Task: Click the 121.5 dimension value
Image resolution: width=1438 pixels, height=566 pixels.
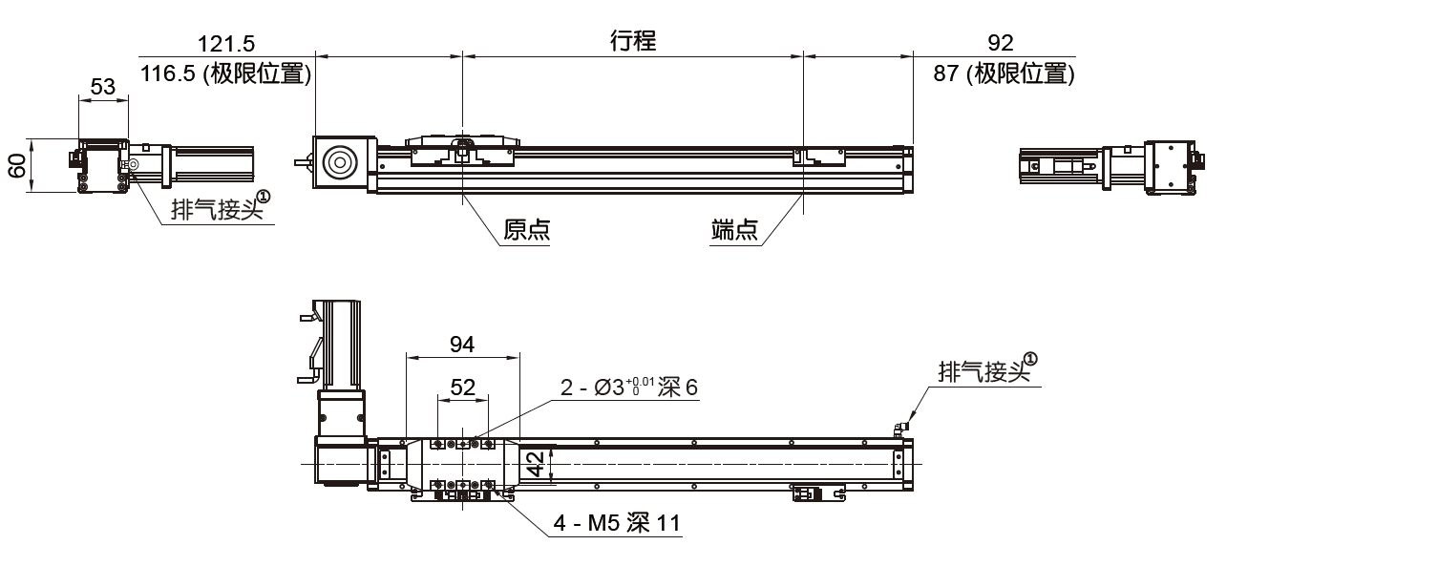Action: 226,43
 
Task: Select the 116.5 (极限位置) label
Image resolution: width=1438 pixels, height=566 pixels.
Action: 226,73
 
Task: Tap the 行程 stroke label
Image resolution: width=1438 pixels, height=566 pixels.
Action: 633,41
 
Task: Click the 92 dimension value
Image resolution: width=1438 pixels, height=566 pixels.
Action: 1001,43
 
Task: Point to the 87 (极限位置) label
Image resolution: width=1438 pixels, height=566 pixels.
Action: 1004,73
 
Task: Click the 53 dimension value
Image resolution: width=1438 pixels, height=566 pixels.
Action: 102,87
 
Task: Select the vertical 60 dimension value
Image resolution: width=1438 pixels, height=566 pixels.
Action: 17,166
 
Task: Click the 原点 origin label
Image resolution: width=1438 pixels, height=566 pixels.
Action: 527,230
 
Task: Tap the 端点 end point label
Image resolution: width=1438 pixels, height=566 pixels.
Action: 734,230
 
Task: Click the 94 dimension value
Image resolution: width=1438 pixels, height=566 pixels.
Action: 462,345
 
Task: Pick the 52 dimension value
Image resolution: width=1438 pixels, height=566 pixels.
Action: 462,387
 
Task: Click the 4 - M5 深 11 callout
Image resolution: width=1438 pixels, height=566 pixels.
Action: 617,523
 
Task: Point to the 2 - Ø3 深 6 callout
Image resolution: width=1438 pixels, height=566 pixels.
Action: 630,388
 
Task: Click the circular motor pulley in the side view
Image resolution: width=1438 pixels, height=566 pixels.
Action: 339,163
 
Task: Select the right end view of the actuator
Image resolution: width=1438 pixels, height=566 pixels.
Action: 1110,168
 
